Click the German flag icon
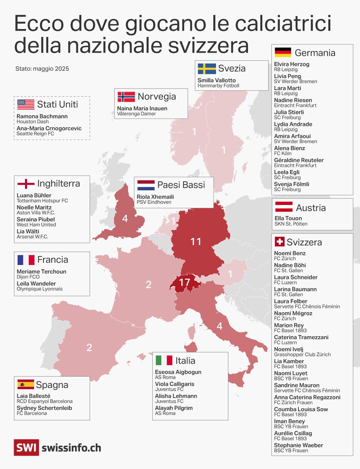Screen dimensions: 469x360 283,52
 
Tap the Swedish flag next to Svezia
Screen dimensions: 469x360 207,68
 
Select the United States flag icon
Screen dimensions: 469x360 26,104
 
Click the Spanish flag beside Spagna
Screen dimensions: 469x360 26,384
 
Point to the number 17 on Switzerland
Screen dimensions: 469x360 184,283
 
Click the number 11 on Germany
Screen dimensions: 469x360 196,241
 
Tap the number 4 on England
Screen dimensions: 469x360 125,218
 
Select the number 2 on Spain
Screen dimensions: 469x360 89,347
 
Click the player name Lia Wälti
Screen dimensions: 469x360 28,231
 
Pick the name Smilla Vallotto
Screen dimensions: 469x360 217,80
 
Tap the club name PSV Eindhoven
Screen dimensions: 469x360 154,202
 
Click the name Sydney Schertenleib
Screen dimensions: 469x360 44,408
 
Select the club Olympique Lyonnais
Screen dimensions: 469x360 40,289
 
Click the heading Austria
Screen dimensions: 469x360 311,208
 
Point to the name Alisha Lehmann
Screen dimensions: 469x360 176,396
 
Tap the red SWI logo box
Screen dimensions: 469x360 26,447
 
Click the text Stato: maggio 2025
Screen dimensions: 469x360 42,69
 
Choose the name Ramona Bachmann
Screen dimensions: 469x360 42,116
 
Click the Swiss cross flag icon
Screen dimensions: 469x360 279,242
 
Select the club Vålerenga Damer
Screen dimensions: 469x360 136,114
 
